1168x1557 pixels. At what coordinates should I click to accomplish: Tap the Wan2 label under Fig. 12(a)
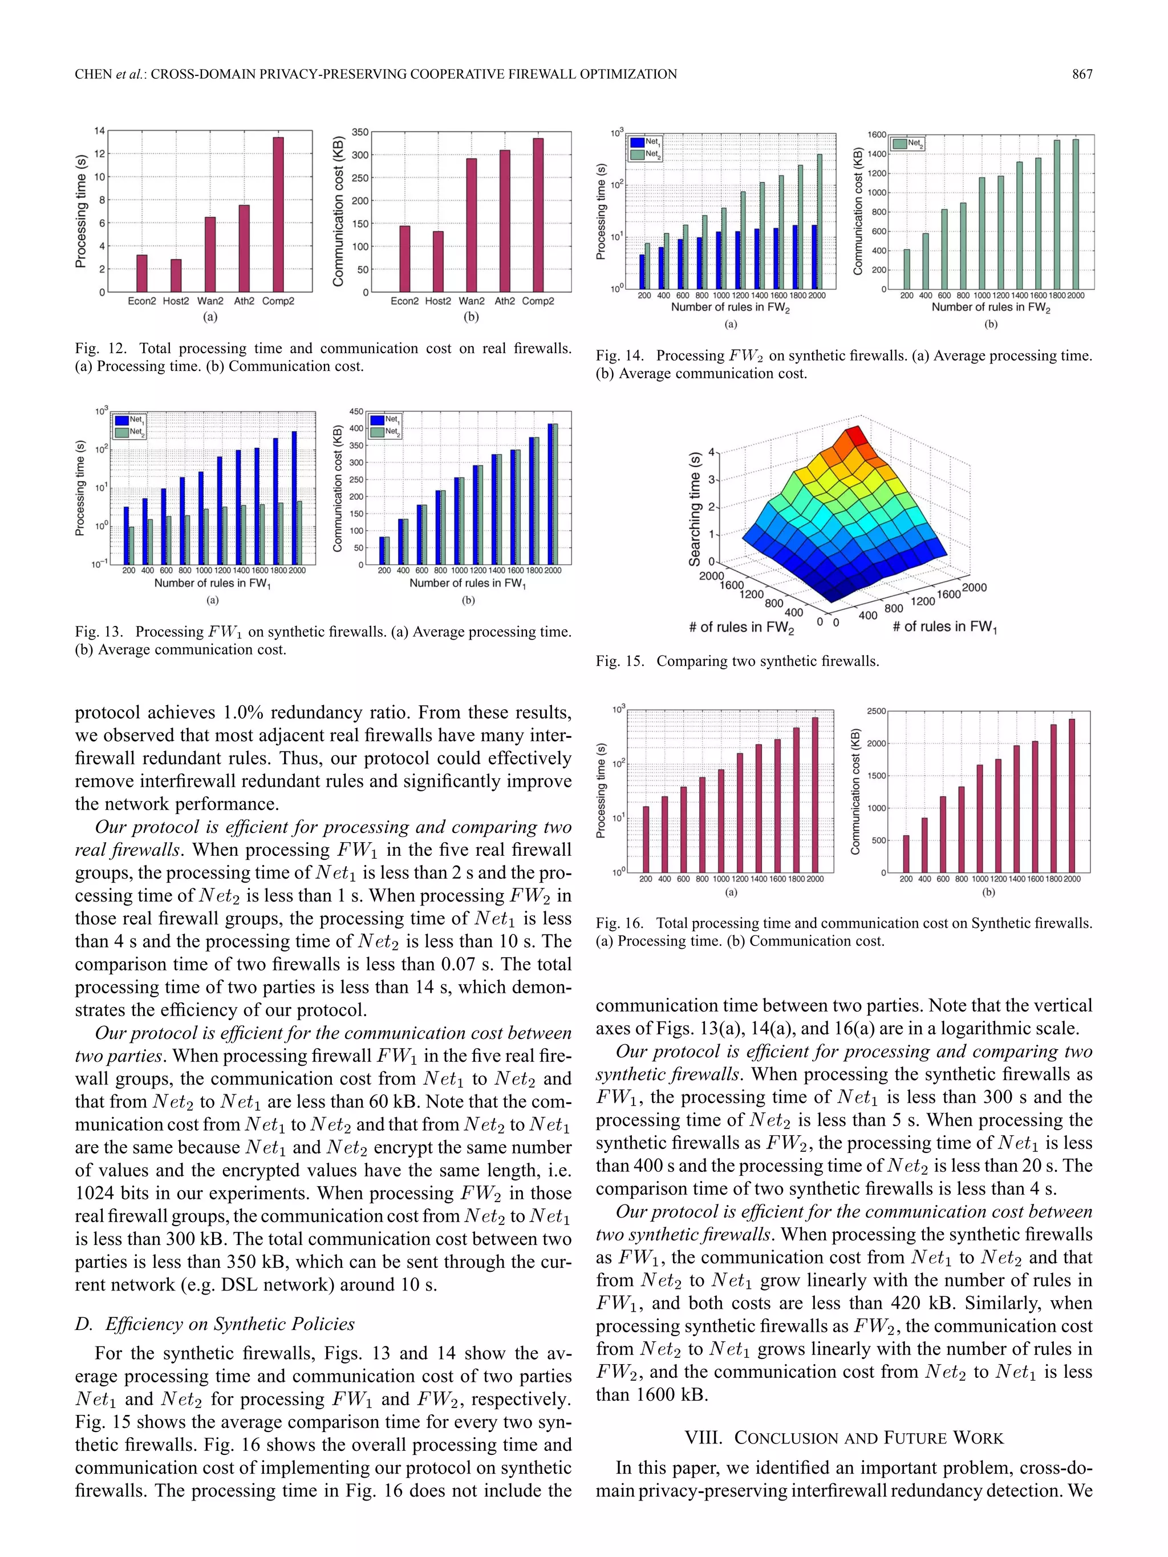point(210,301)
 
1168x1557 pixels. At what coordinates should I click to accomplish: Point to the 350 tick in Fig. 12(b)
point(359,132)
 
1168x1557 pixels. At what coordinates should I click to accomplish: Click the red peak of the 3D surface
point(855,435)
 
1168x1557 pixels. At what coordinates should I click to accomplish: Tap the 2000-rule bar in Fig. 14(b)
point(1075,214)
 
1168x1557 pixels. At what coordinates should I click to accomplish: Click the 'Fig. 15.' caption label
point(620,661)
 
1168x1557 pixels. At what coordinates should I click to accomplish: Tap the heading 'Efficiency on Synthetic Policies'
point(229,1324)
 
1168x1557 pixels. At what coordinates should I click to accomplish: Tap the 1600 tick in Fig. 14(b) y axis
point(877,135)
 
